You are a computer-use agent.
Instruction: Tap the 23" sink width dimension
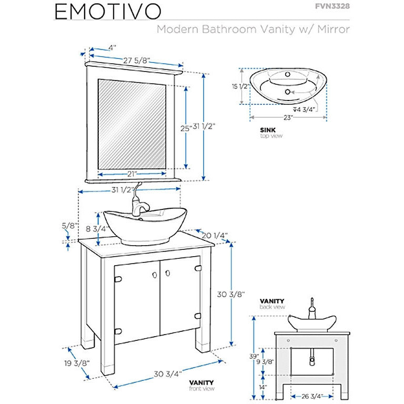click(x=287, y=118)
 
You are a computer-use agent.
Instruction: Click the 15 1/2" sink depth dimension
click(x=239, y=86)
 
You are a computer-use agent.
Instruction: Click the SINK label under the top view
click(x=267, y=129)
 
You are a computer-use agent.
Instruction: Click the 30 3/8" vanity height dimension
click(x=231, y=295)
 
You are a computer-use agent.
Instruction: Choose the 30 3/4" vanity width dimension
click(x=168, y=374)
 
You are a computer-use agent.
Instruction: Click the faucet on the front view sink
click(x=139, y=203)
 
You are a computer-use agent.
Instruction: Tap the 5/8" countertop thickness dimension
click(x=69, y=226)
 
